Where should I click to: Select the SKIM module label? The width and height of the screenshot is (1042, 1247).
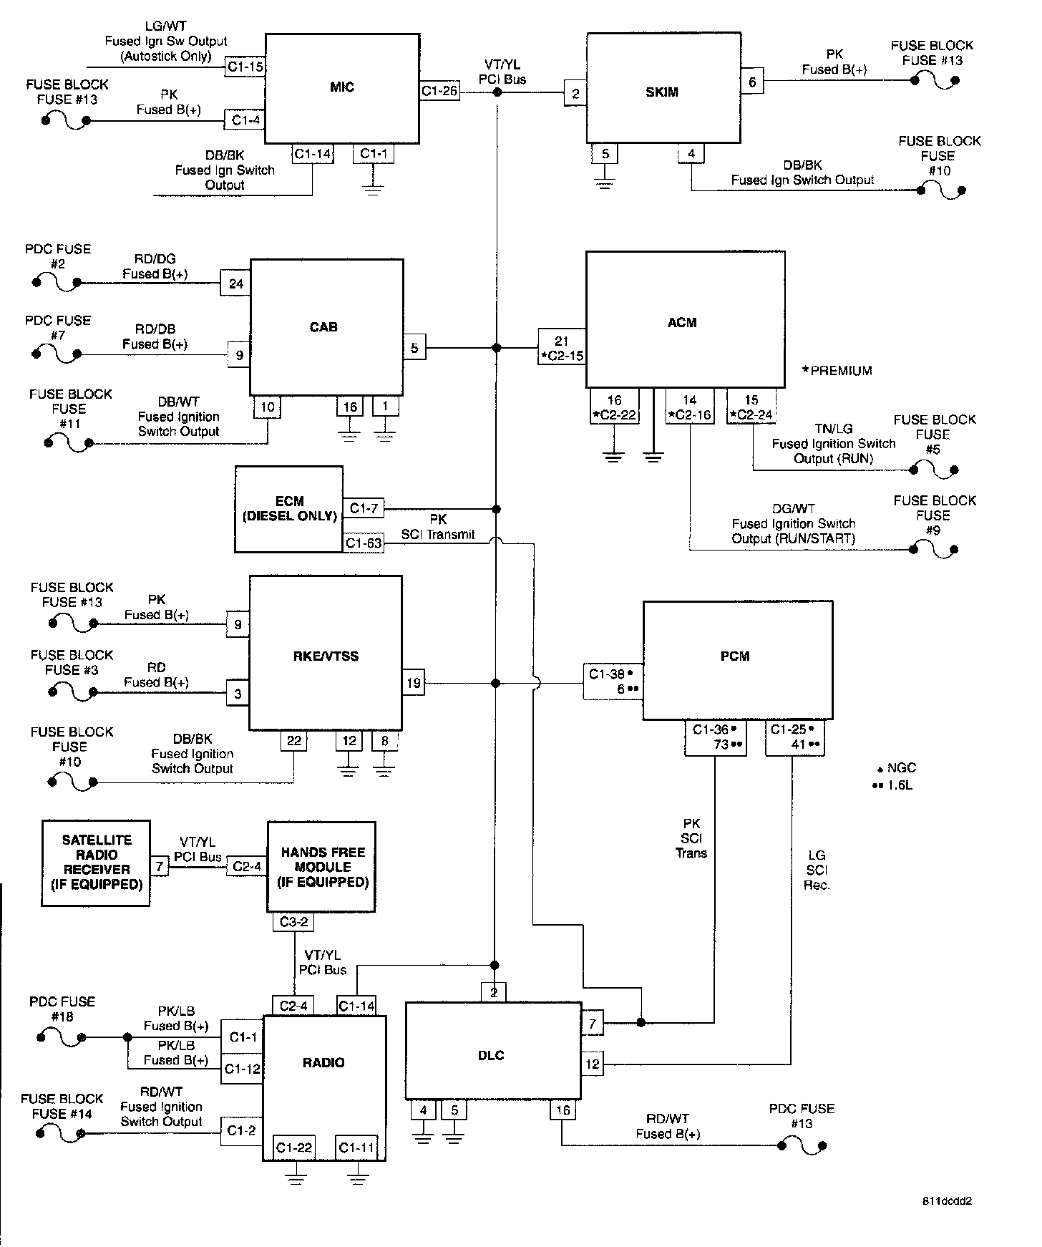coord(661,92)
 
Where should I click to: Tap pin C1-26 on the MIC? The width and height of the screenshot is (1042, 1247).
coord(439,91)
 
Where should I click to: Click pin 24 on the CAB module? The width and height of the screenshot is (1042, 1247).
coord(236,284)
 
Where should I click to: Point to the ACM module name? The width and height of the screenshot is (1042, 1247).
coord(681,323)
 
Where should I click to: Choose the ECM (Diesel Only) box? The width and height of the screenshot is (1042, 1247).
coord(289,509)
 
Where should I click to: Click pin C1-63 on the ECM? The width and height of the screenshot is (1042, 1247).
coord(364,543)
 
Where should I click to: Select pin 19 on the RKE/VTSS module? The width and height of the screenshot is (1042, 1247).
coord(414,683)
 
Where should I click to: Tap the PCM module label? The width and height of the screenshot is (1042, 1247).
coord(735,656)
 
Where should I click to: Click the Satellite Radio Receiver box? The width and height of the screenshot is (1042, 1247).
coord(96,863)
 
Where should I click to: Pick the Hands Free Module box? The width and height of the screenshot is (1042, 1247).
coord(322,867)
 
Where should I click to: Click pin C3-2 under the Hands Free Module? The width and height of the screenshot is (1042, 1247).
coord(293,922)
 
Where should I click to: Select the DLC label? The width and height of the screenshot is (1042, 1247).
coord(491,1056)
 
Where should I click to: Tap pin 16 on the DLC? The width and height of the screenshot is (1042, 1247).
coord(563,1110)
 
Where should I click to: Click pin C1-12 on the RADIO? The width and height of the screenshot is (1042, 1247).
coord(242,1069)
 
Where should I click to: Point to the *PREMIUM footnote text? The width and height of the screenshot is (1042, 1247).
coord(837,371)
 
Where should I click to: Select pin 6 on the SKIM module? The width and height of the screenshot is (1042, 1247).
coord(752,82)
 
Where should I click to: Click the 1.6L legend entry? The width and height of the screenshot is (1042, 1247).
coord(895,785)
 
